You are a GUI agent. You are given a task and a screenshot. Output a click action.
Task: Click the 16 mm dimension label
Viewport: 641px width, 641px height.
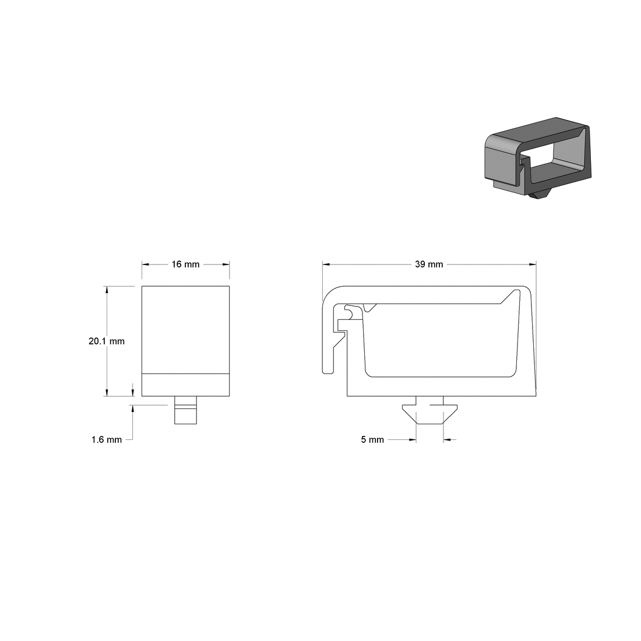185,265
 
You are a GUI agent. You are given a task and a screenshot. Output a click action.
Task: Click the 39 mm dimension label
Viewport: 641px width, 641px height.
429,265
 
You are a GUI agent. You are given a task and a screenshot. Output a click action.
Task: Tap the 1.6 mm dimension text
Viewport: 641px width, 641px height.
107,440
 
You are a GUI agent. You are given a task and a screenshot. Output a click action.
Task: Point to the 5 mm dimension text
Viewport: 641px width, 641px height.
372,440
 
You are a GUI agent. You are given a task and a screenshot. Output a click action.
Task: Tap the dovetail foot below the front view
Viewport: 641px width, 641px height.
430,411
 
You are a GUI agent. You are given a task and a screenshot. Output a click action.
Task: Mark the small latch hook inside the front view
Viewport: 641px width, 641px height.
350,312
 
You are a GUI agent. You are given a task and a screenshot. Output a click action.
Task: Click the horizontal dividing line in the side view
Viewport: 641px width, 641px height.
185,372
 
